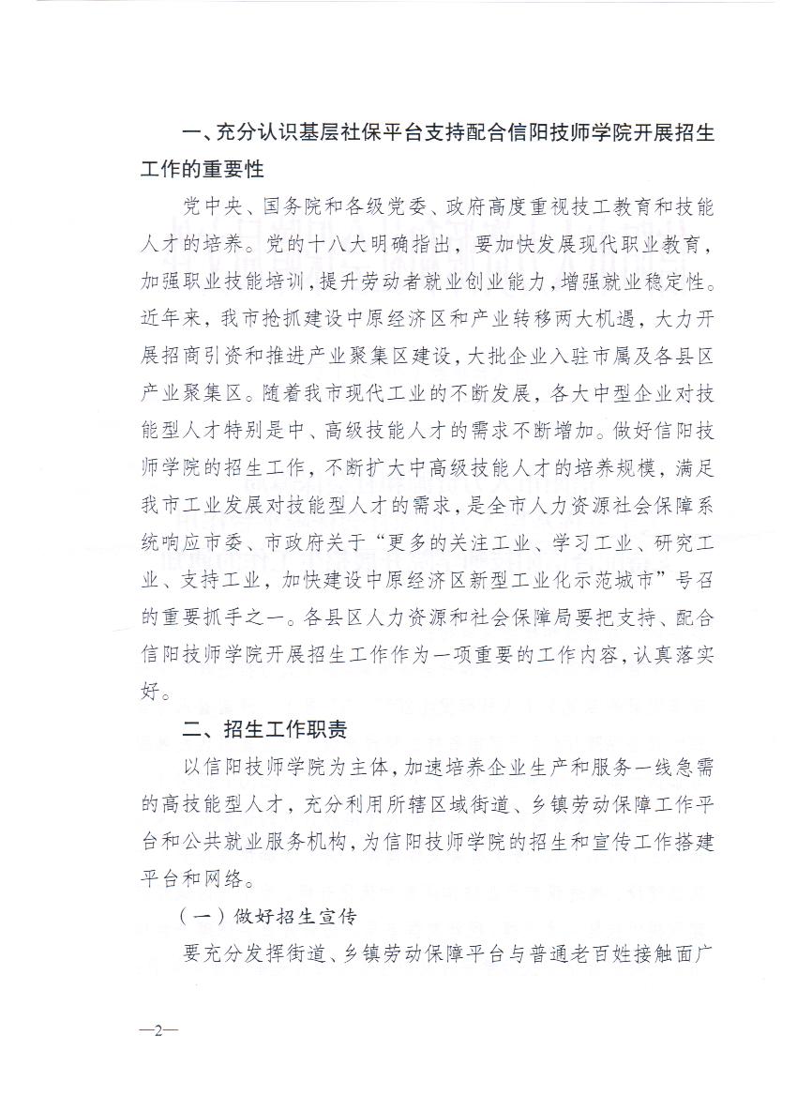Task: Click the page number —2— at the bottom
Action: [x=158, y=1029]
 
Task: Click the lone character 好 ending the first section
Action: [x=149, y=694]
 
